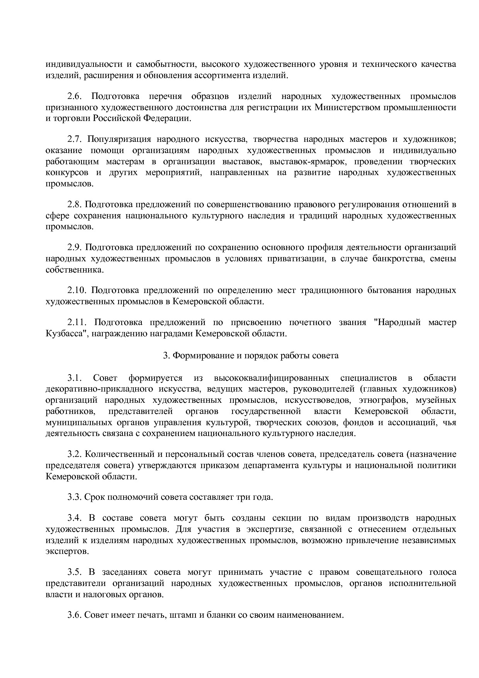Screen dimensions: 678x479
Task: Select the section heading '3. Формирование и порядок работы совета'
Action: point(251,355)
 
